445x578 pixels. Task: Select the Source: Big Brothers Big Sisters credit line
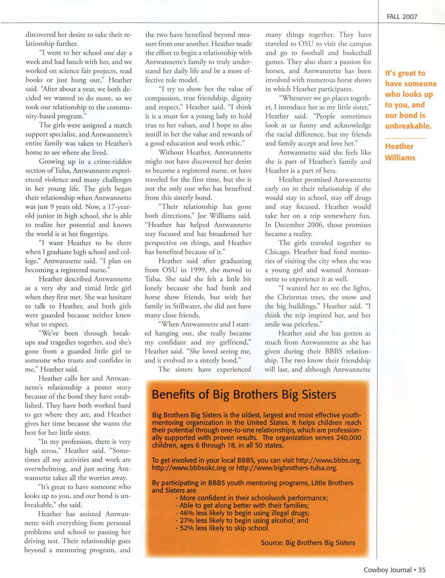(308, 543)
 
